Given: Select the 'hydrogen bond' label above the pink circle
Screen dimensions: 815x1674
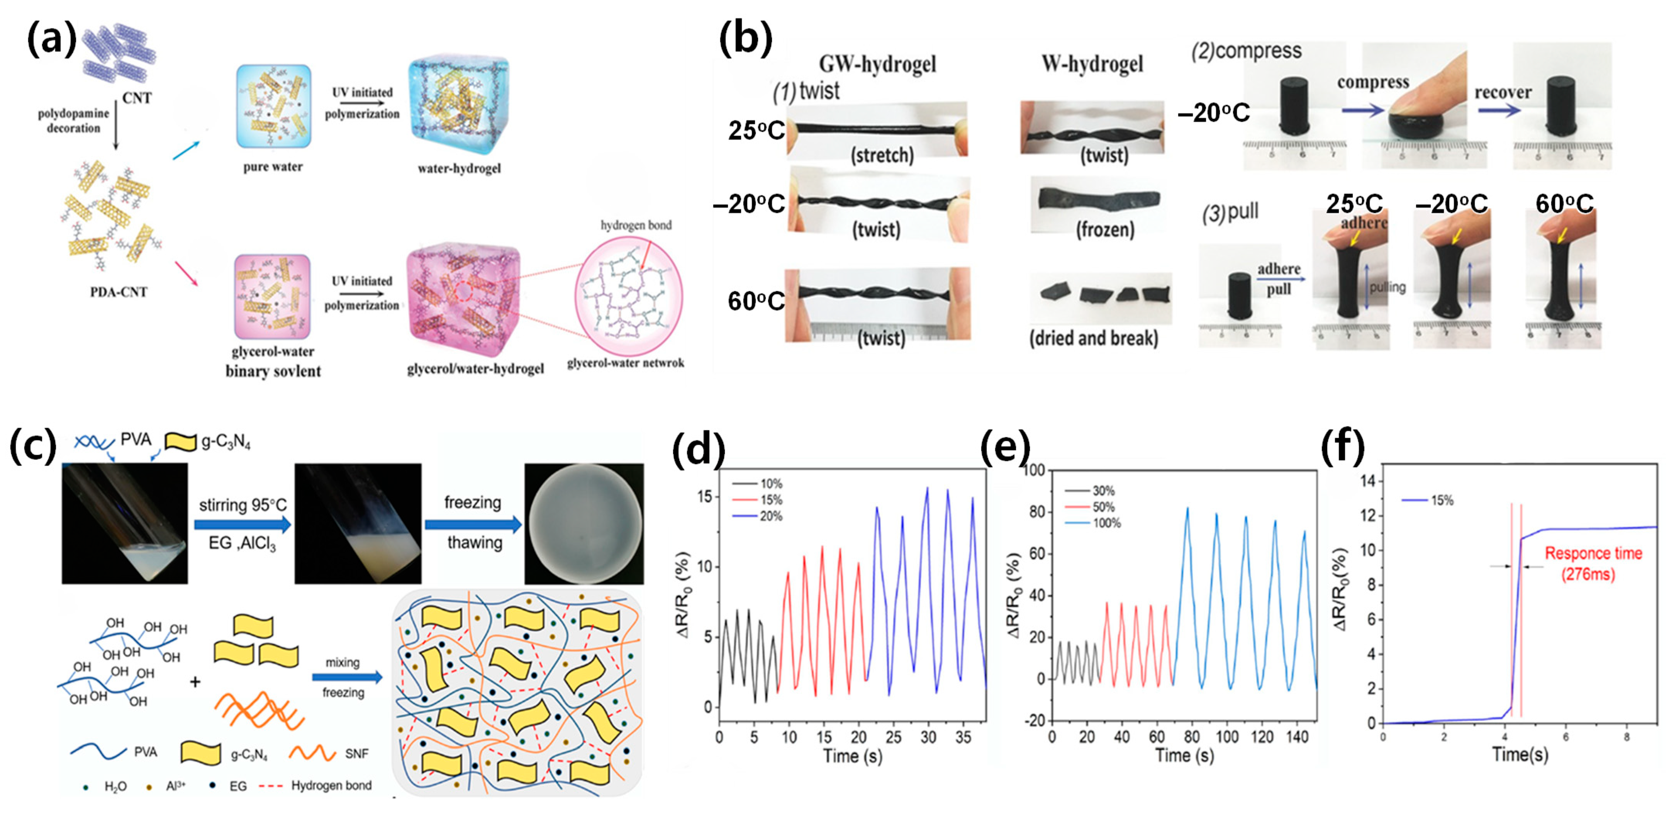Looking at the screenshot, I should coord(636,225).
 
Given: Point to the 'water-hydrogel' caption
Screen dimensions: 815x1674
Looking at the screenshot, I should coord(459,168).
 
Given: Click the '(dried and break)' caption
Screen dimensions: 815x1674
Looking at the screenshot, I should coord(1093,339).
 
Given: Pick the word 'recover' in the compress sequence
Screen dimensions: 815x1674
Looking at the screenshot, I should coord(1503,92).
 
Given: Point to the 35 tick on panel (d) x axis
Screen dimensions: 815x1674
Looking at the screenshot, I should coord(963,737).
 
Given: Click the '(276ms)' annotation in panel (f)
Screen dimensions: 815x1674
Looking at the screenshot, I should coord(1588,574).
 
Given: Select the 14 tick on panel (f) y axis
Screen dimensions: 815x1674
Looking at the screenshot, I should coord(1371,481).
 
